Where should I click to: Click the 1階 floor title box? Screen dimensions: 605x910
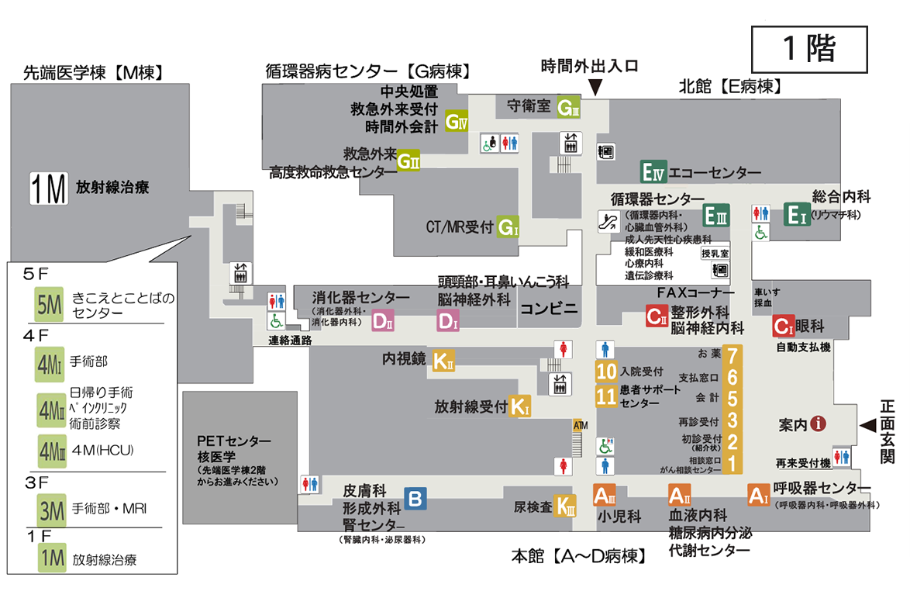coord(809,49)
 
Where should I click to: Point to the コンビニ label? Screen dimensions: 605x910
coord(549,308)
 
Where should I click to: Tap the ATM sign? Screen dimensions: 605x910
coord(577,425)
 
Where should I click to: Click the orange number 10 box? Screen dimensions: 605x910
coord(606,371)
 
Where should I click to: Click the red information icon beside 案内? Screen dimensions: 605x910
coord(819,424)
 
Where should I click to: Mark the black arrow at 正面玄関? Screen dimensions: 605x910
coord(867,425)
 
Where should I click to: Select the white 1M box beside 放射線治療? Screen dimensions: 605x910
coord(47,188)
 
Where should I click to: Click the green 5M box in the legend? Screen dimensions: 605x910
coord(50,304)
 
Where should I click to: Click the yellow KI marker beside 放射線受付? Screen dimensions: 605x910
coord(519,406)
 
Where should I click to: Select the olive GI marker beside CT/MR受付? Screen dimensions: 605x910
coord(508,227)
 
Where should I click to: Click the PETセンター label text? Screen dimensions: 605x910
coord(234,441)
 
